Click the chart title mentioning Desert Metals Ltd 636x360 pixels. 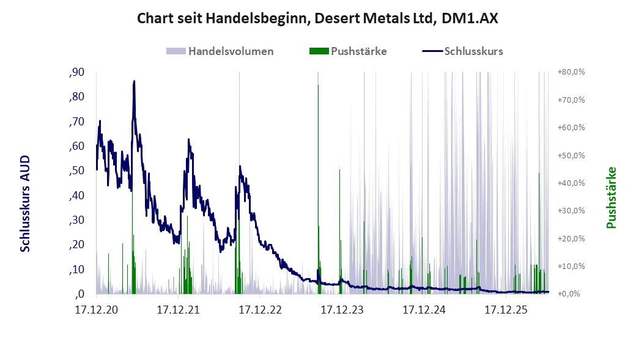click(317, 18)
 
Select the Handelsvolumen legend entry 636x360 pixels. click(220, 51)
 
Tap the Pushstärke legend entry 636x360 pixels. click(348, 51)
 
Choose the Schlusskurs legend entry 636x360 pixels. click(463, 51)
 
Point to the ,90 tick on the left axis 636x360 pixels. click(76, 72)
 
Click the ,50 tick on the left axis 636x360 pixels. click(76, 171)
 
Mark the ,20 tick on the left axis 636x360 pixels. click(76, 244)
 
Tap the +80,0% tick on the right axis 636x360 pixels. click(571, 72)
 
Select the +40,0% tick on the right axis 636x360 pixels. click(571, 183)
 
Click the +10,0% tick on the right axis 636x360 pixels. click(571, 266)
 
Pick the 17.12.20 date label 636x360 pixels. click(97, 310)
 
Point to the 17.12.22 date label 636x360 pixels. click(260, 310)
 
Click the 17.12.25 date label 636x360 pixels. click(506, 310)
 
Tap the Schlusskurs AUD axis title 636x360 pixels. click(25, 204)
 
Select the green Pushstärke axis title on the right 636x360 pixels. click(612, 198)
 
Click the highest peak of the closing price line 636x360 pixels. click(135, 81)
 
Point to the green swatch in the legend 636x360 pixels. click(319, 51)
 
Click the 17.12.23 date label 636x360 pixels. click(342, 310)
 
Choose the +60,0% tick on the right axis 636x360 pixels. click(571, 128)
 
